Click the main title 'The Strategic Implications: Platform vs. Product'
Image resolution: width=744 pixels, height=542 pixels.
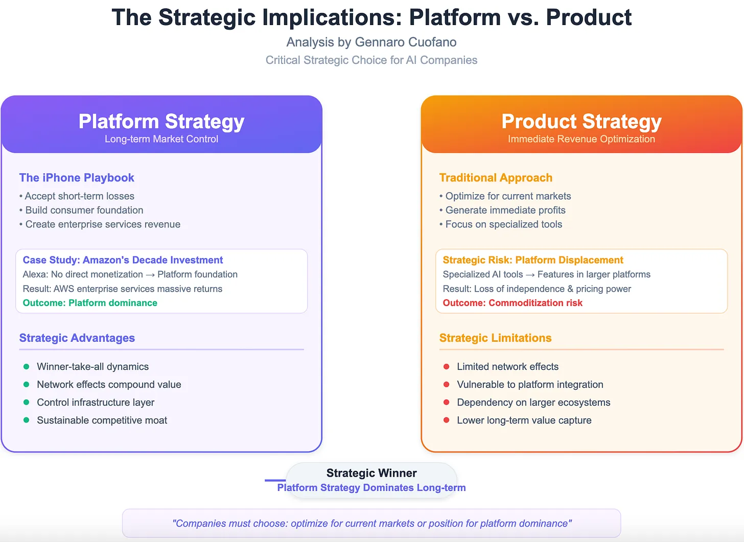(x=371, y=17)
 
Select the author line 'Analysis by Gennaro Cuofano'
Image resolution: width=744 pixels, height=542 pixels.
(x=371, y=42)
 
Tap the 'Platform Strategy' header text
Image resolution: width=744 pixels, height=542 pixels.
(x=161, y=122)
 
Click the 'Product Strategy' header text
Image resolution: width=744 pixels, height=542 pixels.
(x=582, y=122)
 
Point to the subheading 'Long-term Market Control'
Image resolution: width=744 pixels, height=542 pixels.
(x=161, y=139)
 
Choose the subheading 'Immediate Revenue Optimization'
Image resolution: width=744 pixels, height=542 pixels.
(x=582, y=139)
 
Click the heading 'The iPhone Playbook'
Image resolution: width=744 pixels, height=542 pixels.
(x=77, y=178)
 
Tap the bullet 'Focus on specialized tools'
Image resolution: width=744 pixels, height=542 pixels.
(x=503, y=224)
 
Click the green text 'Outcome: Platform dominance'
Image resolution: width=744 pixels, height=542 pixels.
(x=90, y=303)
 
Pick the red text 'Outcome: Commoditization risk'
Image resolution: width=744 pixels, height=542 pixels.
(x=513, y=303)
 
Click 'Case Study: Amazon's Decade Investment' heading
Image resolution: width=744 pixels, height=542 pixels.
(x=123, y=260)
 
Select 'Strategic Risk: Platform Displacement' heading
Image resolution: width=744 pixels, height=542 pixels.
(x=533, y=260)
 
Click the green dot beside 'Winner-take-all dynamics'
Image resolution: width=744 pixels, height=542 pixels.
(x=27, y=367)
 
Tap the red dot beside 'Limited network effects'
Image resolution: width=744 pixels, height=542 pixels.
(x=447, y=367)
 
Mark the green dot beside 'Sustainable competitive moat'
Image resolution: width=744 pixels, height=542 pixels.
(x=27, y=420)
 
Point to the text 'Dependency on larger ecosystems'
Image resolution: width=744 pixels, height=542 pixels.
(x=533, y=403)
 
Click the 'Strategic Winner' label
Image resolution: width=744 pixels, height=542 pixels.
(x=371, y=473)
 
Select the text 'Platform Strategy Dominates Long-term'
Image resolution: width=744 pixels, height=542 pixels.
(x=371, y=488)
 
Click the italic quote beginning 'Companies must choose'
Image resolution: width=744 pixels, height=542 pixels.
(x=371, y=524)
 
